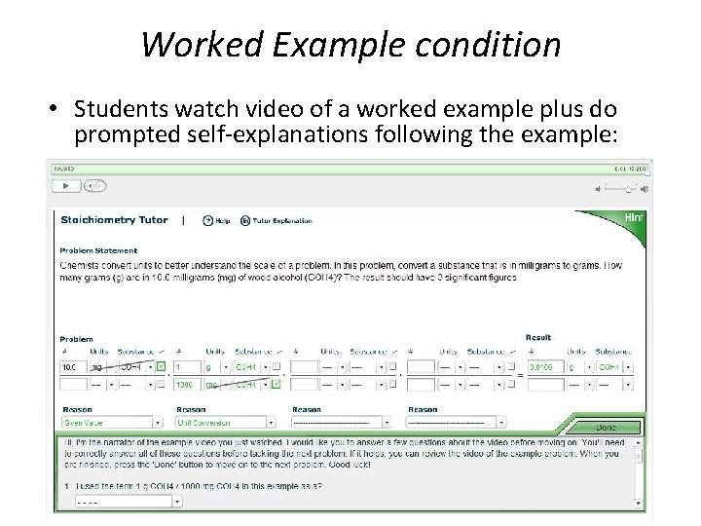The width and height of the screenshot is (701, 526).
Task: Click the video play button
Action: click(x=65, y=185)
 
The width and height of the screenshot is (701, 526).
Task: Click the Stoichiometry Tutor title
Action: click(x=114, y=220)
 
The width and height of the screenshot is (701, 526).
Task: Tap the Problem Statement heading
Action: click(x=98, y=250)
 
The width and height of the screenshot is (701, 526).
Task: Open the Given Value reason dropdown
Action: click(x=110, y=423)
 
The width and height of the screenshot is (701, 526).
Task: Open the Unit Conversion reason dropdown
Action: click(x=223, y=423)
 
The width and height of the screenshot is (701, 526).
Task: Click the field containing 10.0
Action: click(x=71, y=367)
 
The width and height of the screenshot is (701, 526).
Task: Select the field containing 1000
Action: click(x=186, y=385)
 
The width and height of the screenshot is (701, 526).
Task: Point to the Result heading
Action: click(x=537, y=338)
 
